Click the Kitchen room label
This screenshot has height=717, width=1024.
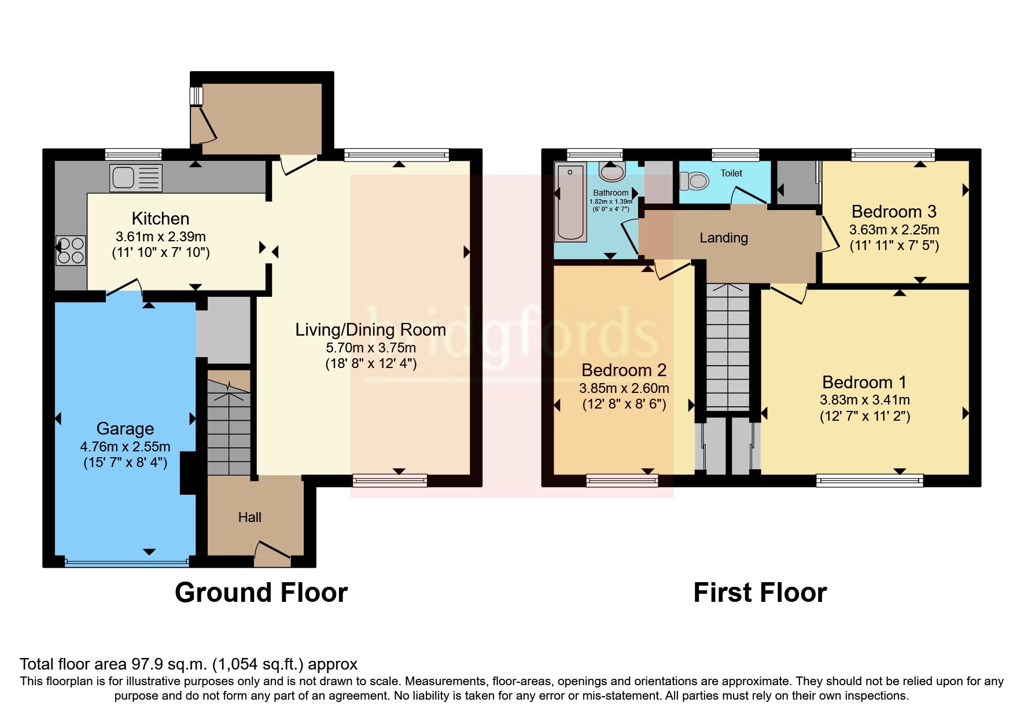(x=160, y=219)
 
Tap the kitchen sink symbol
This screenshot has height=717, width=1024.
(x=136, y=178)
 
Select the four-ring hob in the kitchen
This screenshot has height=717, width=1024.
(x=71, y=251)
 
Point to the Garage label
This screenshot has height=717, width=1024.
(x=125, y=429)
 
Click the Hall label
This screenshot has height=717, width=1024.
(x=250, y=517)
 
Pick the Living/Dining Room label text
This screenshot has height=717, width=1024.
(x=370, y=330)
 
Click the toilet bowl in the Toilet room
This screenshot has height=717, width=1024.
(x=694, y=181)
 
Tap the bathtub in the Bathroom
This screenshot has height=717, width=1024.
(x=570, y=201)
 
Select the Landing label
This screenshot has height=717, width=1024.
(x=724, y=238)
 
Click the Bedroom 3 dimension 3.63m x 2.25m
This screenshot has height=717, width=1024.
(x=894, y=230)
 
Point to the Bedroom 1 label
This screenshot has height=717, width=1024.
(x=864, y=383)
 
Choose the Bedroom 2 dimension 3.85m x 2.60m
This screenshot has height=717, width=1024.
(x=624, y=388)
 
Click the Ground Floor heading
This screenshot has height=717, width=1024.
(x=261, y=593)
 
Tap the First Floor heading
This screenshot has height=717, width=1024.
(x=760, y=593)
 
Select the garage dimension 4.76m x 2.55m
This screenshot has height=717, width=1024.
(x=125, y=447)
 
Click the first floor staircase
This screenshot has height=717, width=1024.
(x=728, y=347)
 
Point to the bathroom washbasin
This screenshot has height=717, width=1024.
(x=612, y=171)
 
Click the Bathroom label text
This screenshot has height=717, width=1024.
(x=610, y=193)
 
